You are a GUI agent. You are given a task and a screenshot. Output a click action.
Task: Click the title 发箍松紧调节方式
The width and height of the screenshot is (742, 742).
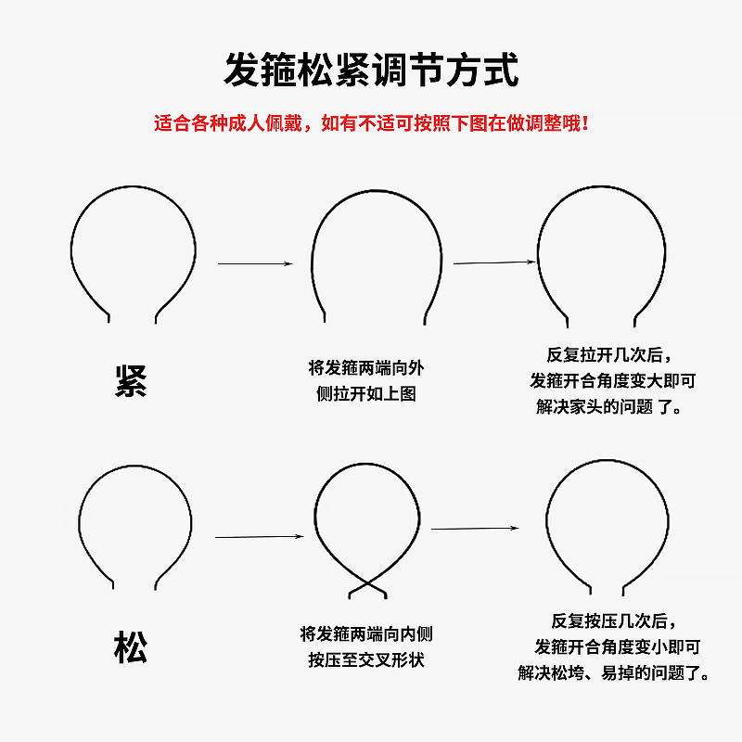tap(371, 70)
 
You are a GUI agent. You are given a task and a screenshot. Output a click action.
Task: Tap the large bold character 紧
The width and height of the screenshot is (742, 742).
tap(131, 380)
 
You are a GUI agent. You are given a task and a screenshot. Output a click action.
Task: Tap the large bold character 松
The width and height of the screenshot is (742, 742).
tap(131, 646)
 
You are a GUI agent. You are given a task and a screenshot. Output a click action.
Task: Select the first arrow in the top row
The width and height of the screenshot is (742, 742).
tap(255, 264)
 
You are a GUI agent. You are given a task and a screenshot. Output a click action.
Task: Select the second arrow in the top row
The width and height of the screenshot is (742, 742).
tap(494, 262)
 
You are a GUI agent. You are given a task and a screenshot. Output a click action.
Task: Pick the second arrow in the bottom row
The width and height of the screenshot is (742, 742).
tap(475, 529)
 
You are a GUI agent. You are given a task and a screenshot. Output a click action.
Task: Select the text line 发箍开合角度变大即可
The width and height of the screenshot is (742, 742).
tap(612, 380)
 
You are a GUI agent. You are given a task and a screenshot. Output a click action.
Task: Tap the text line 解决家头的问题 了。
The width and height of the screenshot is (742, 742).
tap(610, 406)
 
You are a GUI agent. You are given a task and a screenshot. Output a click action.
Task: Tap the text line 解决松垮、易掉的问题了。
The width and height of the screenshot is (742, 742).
tap(614, 672)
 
